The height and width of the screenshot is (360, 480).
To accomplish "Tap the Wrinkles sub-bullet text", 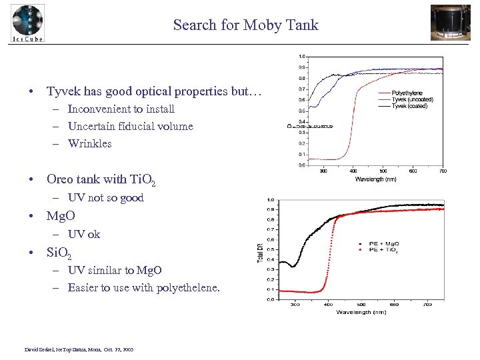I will (x=89, y=143).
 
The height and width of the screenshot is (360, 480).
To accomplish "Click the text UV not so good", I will (x=105, y=197).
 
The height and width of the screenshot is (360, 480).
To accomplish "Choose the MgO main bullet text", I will (x=61, y=216).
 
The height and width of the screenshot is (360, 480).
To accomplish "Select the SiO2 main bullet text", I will (x=59, y=253).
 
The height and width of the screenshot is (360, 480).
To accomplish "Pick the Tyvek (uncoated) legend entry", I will (x=412, y=99).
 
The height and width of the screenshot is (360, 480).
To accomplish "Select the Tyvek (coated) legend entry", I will (x=410, y=106).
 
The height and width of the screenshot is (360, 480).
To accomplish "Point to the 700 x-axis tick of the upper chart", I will (x=443, y=171).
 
